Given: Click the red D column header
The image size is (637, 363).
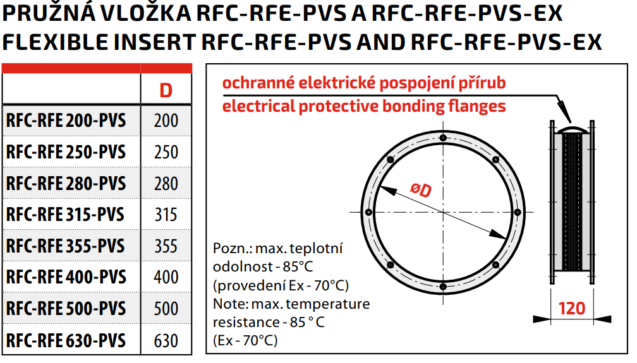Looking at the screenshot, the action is click(x=166, y=90).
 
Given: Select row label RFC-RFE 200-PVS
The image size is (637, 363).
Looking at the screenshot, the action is click(x=66, y=121).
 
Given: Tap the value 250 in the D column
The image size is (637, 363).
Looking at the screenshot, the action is click(x=166, y=152).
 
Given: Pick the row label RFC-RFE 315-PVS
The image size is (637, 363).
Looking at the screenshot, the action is click(x=65, y=215).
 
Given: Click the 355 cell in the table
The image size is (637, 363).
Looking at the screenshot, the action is click(x=166, y=246).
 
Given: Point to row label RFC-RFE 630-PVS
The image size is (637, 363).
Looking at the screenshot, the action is click(x=66, y=340).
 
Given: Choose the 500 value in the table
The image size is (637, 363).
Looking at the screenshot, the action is click(x=166, y=309).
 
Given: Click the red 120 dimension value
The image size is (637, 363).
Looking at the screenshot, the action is click(x=572, y=309).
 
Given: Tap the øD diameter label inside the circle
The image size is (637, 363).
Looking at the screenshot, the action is click(x=421, y=189).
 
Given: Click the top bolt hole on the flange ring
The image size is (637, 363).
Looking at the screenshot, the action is click(x=443, y=138).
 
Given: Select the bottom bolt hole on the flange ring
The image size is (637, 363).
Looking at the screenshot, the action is click(x=443, y=287).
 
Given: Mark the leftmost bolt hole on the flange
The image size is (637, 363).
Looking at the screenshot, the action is click(x=368, y=212).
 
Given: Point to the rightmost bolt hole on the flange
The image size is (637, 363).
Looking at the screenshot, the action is click(x=517, y=212).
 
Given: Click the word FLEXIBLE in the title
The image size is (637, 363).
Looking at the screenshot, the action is click(x=56, y=42).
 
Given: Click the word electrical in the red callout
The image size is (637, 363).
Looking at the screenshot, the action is click(x=258, y=107).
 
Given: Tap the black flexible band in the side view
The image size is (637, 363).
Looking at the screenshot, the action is click(x=572, y=202).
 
